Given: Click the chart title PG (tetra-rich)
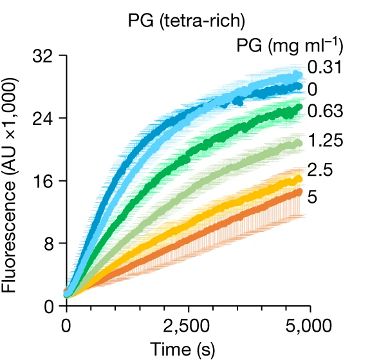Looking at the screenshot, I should pyautogui.click(x=187, y=21).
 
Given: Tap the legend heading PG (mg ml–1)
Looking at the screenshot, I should pyautogui.click(x=289, y=46).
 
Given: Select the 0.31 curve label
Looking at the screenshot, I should pyautogui.click(x=324, y=68).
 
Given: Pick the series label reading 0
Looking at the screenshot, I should pyautogui.click(x=313, y=88).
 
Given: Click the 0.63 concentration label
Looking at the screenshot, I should pyautogui.click(x=325, y=111).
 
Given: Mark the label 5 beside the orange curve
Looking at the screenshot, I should pyautogui.click(x=313, y=196).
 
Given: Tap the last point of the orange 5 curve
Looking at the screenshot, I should pyautogui.click(x=299, y=191).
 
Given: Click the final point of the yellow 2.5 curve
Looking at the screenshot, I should pyautogui.click(x=299, y=179).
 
